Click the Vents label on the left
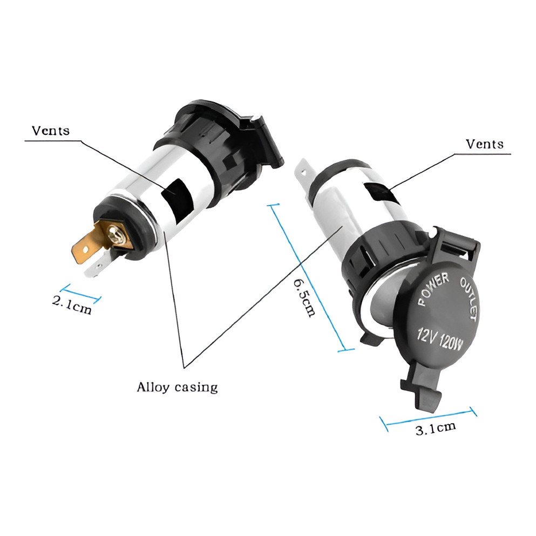(51, 131)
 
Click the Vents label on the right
(485, 144)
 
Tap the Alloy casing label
(177, 387)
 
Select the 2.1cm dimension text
(72, 305)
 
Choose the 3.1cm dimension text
(436, 429)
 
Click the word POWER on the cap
(433, 289)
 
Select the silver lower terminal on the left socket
(98, 267)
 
